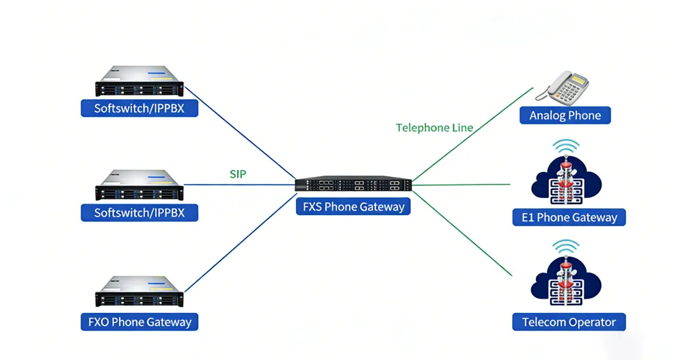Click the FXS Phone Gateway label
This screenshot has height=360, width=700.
[353, 206]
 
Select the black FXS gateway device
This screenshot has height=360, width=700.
[353, 184]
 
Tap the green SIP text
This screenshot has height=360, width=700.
[237, 174]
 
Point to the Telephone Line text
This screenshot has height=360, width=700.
[434, 128]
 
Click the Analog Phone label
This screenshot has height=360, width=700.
[565, 115]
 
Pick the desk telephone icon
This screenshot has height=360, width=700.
[567, 87]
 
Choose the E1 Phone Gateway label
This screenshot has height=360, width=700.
[569, 218]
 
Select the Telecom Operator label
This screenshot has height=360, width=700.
[569, 322]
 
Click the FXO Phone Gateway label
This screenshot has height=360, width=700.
[139, 322]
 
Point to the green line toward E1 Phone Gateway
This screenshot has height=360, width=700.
[465, 184]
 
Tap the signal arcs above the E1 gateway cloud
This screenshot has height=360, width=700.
[566, 147]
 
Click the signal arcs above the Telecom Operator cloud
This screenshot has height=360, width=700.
[566, 247]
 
